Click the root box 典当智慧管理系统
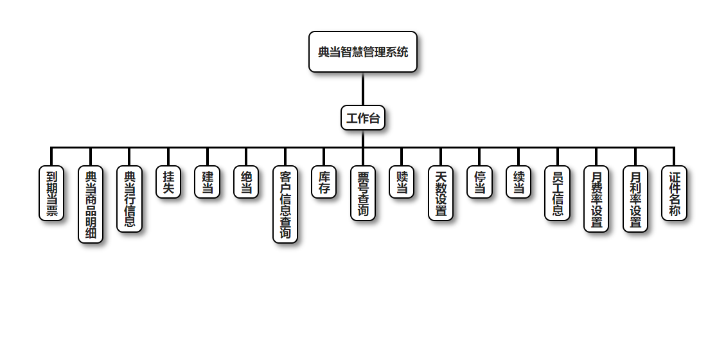click(x=363, y=52)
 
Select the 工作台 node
click(x=363, y=118)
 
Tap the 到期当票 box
click(x=51, y=193)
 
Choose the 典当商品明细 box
click(x=91, y=204)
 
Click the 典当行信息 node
click(x=129, y=199)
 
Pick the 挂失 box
click(x=168, y=182)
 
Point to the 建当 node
click(x=207, y=182)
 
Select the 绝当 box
click(x=246, y=182)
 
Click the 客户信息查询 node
click(x=285, y=204)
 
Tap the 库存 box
click(x=324, y=182)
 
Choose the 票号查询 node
click(x=363, y=193)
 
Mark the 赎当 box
click(x=402, y=182)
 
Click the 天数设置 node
click(x=441, y=193)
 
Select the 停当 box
click(x=479, y=182)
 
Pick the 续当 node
click(x=518, y=182)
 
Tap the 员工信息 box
click(x=557, y=193)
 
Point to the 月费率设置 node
click(x=596, y=199)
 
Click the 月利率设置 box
click(x=635, y=199)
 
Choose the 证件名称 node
click(x=674, y=193)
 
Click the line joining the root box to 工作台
click(x=363, y=89)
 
